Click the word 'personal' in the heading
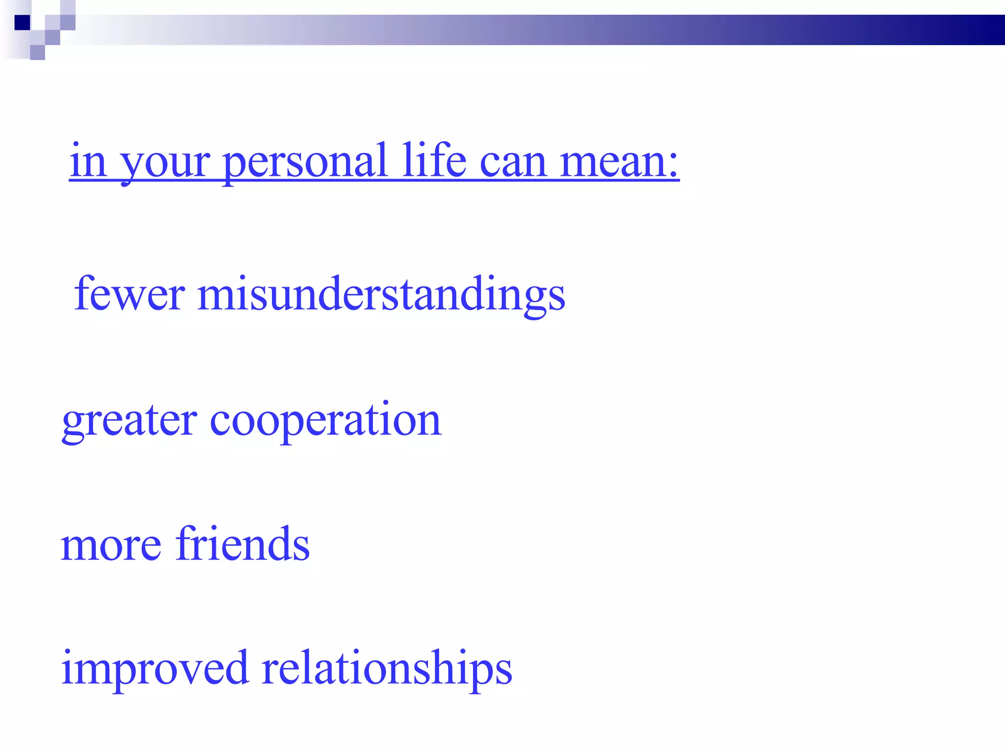pos(304,162)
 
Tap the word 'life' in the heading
pos(434,160)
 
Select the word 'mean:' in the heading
pos(619,162)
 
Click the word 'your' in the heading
pos(165,164)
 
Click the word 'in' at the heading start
pos(88,160)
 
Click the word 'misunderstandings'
pos(381,295)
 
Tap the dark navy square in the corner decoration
pos(22,23)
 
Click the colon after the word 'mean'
pos(673,165)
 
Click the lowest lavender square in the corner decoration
pos(37,53)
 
